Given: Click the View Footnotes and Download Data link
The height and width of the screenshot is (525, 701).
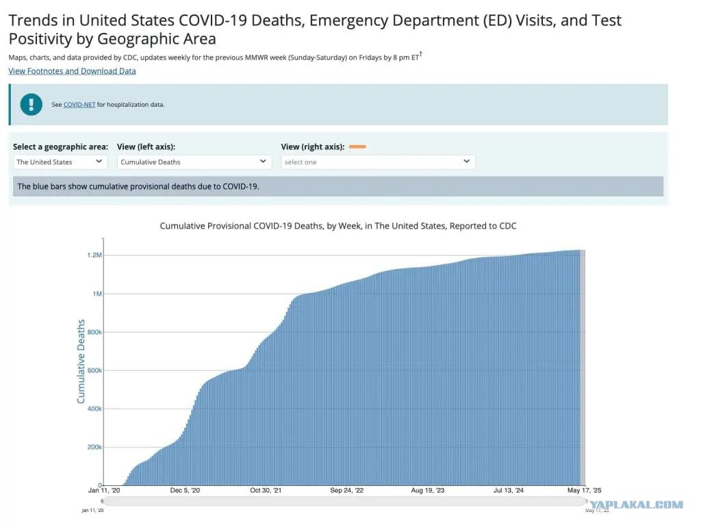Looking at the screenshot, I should [72, 71].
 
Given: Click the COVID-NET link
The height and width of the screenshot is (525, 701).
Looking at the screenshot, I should [79, 105].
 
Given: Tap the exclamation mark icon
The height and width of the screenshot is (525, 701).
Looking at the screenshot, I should [31, 104].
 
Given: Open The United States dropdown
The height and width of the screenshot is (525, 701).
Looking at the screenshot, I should [60, 162].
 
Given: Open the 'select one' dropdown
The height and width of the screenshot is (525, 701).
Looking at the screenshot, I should [378, 162].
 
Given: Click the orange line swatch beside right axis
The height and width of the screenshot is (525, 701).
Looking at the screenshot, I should [357, 146].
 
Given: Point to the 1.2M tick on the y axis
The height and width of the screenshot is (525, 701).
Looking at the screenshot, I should [94, 255].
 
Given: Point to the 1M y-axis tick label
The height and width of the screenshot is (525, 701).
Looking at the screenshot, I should [97, 294].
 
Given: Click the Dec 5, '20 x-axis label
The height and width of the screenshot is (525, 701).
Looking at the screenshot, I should [185, 491].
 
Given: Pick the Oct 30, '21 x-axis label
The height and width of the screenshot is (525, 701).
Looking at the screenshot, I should [266, 491].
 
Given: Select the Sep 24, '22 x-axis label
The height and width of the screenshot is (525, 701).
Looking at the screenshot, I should [347, 491].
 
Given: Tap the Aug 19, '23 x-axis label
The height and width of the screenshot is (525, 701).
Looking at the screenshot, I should [428, 491].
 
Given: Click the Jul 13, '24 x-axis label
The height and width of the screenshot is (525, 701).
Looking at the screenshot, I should [509, 491].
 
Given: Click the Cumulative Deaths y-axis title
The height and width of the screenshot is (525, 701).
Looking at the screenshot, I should [81, 361].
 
